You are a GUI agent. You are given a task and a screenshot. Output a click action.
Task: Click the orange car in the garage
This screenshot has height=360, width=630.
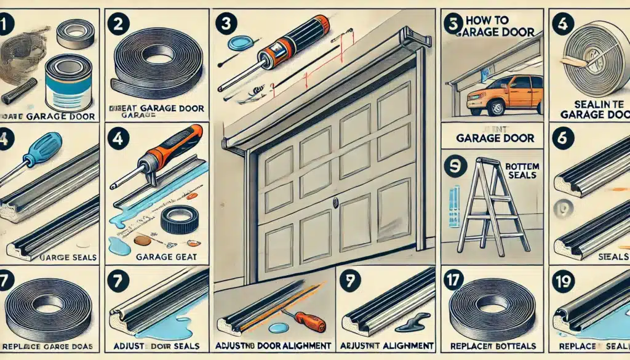coord(505,95)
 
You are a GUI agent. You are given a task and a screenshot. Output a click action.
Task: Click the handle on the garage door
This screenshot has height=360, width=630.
coord(336,202)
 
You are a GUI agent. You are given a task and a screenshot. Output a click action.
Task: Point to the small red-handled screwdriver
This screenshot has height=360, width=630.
coord(305,320)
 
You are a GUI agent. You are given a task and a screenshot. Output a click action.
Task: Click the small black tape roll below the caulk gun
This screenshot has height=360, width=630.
coord(179,218)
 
